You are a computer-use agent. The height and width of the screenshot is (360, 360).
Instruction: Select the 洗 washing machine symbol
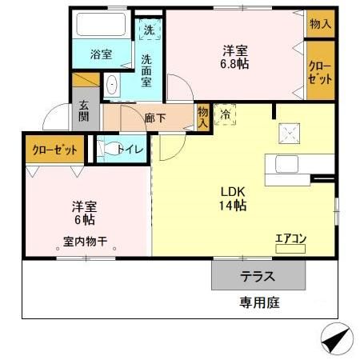coord(148,30)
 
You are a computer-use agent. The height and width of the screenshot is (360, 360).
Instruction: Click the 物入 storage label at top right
coord(320,24)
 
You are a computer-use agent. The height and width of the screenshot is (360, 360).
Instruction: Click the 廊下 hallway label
coord(154,116)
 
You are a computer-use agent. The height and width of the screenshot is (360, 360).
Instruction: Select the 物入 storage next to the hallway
coord(203,117)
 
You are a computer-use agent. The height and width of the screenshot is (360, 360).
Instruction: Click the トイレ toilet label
coord(129,148)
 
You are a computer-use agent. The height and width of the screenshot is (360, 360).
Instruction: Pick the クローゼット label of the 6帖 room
coord(55,150)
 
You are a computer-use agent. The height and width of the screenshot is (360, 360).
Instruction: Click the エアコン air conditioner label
coord(290,238)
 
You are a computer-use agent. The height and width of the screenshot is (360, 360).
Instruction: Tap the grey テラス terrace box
coord(258,277)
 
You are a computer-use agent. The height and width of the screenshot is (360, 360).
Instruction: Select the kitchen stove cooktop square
coord(289,134)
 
